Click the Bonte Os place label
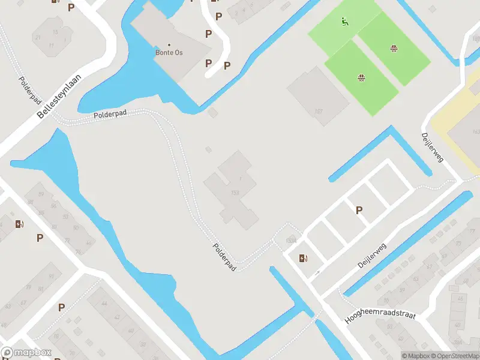169,53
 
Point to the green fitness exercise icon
344,23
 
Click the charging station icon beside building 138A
304,259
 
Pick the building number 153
235,192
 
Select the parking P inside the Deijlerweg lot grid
359,210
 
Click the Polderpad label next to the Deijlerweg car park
224,256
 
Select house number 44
104,305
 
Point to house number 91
50,277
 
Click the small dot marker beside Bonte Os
169,45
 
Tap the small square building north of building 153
208,149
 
